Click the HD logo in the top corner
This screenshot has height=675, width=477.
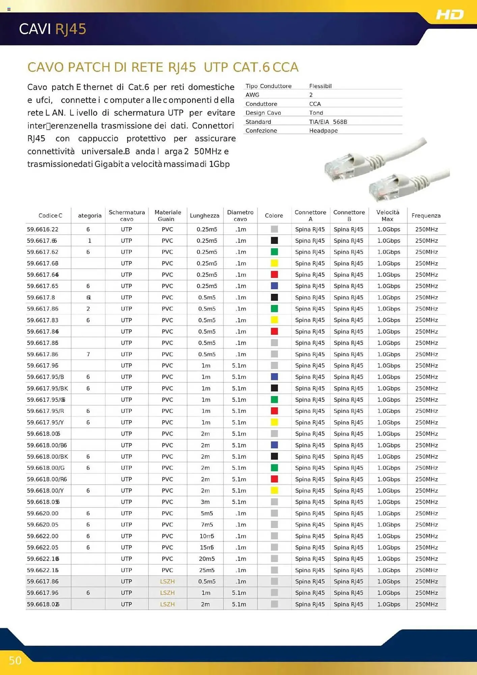[x=450, y=15]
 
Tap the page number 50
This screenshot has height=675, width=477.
[x=15, y=660]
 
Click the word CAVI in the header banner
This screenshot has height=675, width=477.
[x=35, y=29]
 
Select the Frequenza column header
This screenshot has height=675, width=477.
[x=426, y=215]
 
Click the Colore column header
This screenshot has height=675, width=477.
[x=274, y=215]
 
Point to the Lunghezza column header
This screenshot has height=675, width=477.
[x=204, y=215]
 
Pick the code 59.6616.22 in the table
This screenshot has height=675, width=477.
[x=43, y=230]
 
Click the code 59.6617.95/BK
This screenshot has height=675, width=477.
[x=47, y=388]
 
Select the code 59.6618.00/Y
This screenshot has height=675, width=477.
[x=45, y=491]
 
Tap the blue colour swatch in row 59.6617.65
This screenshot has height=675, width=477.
[x=274, y=286]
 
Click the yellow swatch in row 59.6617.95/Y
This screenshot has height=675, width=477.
[x=274, y=422]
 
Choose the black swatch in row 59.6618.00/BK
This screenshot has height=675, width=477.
[x=274, y=456]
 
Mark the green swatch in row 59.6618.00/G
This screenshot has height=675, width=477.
[x=274, y=468]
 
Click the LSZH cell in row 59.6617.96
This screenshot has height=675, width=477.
[x=167, y=593]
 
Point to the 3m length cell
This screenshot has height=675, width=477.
[x=205, y=502]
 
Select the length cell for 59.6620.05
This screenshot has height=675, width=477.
[x=207, y=524]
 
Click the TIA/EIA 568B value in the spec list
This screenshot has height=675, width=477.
[x=328, y=122]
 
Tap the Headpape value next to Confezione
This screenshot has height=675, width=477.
[x=323, y=131]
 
